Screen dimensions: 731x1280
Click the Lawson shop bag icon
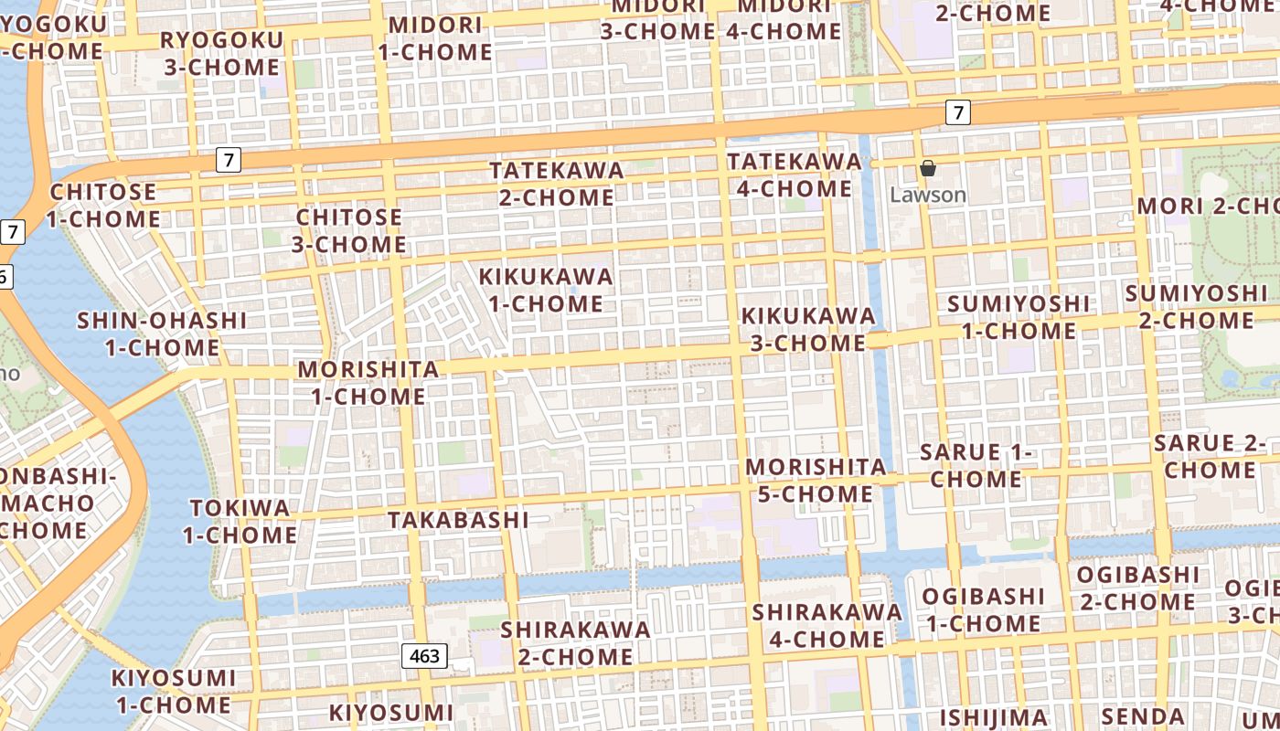point(928,168)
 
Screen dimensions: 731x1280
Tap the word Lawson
point(928,195)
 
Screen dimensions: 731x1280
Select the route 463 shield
point(424,655)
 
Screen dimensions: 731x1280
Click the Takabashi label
point(458,520)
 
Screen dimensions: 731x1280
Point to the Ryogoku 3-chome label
point(221,54)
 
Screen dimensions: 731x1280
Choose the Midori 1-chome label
point(435,38)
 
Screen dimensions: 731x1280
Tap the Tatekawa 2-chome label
point(557,184)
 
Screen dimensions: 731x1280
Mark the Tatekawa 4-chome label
point(794,175)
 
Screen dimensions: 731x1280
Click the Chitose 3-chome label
point(348,230)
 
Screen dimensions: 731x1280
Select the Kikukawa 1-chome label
point(546,290)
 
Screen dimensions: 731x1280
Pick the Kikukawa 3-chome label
point(807,329)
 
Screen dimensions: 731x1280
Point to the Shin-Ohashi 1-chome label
point(162,334)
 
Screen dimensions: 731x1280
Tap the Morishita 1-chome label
point(368,383)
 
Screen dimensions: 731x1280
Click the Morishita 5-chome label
point(816,481)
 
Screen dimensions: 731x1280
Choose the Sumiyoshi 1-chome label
point(1019,317)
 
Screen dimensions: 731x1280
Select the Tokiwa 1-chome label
point(240,521)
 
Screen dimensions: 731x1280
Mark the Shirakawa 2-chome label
point(575,642)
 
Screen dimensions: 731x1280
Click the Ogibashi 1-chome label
point(982,610)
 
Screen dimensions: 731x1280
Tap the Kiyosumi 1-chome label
point(173,692)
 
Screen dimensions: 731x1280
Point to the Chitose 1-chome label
point(103,206)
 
